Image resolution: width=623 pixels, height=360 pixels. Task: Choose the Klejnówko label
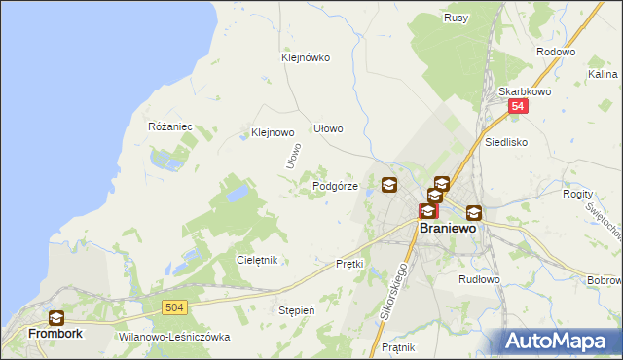pyautogui.click(x=306, y=57)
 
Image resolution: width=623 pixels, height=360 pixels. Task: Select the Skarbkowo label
pyautogui.click(x=525, y=91)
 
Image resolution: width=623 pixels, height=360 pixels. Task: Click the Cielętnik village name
pyautogui.click(x=258, y=260)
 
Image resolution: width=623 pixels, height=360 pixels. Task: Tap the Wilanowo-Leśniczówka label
pyautogui.click(x=173, y=337)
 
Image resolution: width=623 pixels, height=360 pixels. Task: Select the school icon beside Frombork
pyautogui.click(x=56, y=317)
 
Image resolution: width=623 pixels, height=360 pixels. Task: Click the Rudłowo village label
pyautogui.click(x=479, y=278)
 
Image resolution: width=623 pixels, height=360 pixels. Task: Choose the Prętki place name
pyautogui.click(x=348, y=264)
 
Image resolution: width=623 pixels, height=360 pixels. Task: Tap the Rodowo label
pyautogui.click(x=556, y=53)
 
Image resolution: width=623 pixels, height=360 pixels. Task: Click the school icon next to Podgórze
pyautogui.click(x=389, y=185)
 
